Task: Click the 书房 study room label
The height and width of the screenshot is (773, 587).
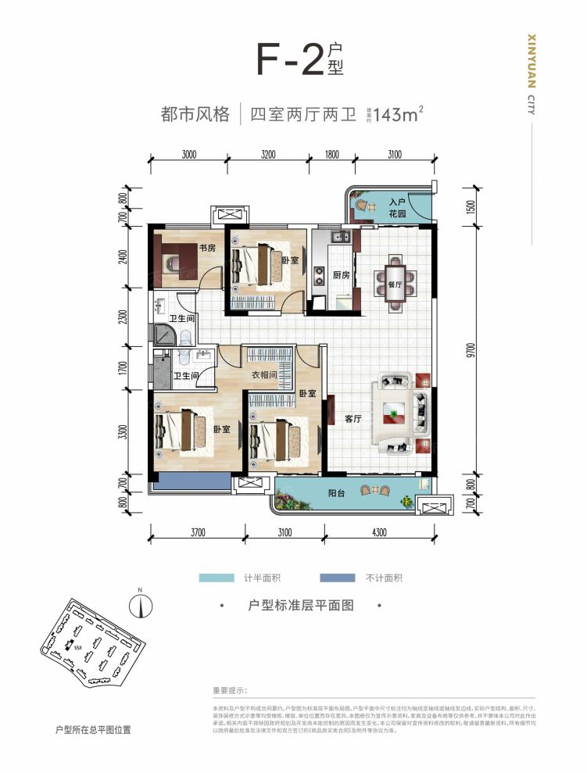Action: tap(206, 248)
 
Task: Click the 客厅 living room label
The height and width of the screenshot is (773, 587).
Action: tap(353, 419)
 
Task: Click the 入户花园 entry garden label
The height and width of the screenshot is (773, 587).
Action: tap(399, 207)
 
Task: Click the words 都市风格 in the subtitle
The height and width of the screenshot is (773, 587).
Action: tap(195, 114)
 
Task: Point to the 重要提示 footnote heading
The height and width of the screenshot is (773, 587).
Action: tap(229, 691)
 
